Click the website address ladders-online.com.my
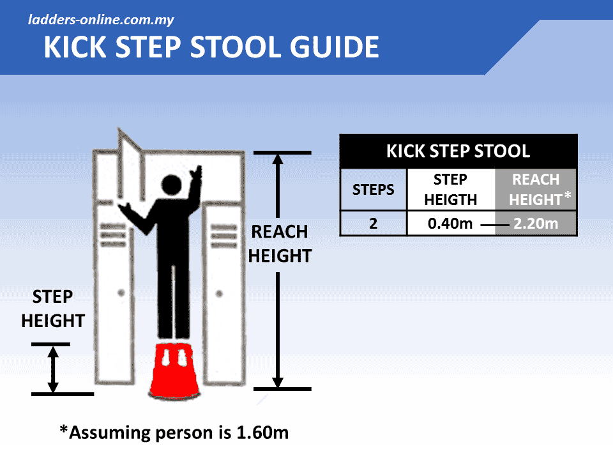(101, 19)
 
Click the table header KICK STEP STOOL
(458, 151)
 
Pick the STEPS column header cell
(374, 190)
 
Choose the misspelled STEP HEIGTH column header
(451, 190)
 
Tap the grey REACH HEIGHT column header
(535, 190)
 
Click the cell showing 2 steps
(374, 224)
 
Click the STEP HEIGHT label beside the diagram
(53, 309)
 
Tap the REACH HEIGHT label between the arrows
(280, 243)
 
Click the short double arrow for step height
(53, 369)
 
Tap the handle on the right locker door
(219, 293)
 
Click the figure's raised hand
(199, 171)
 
